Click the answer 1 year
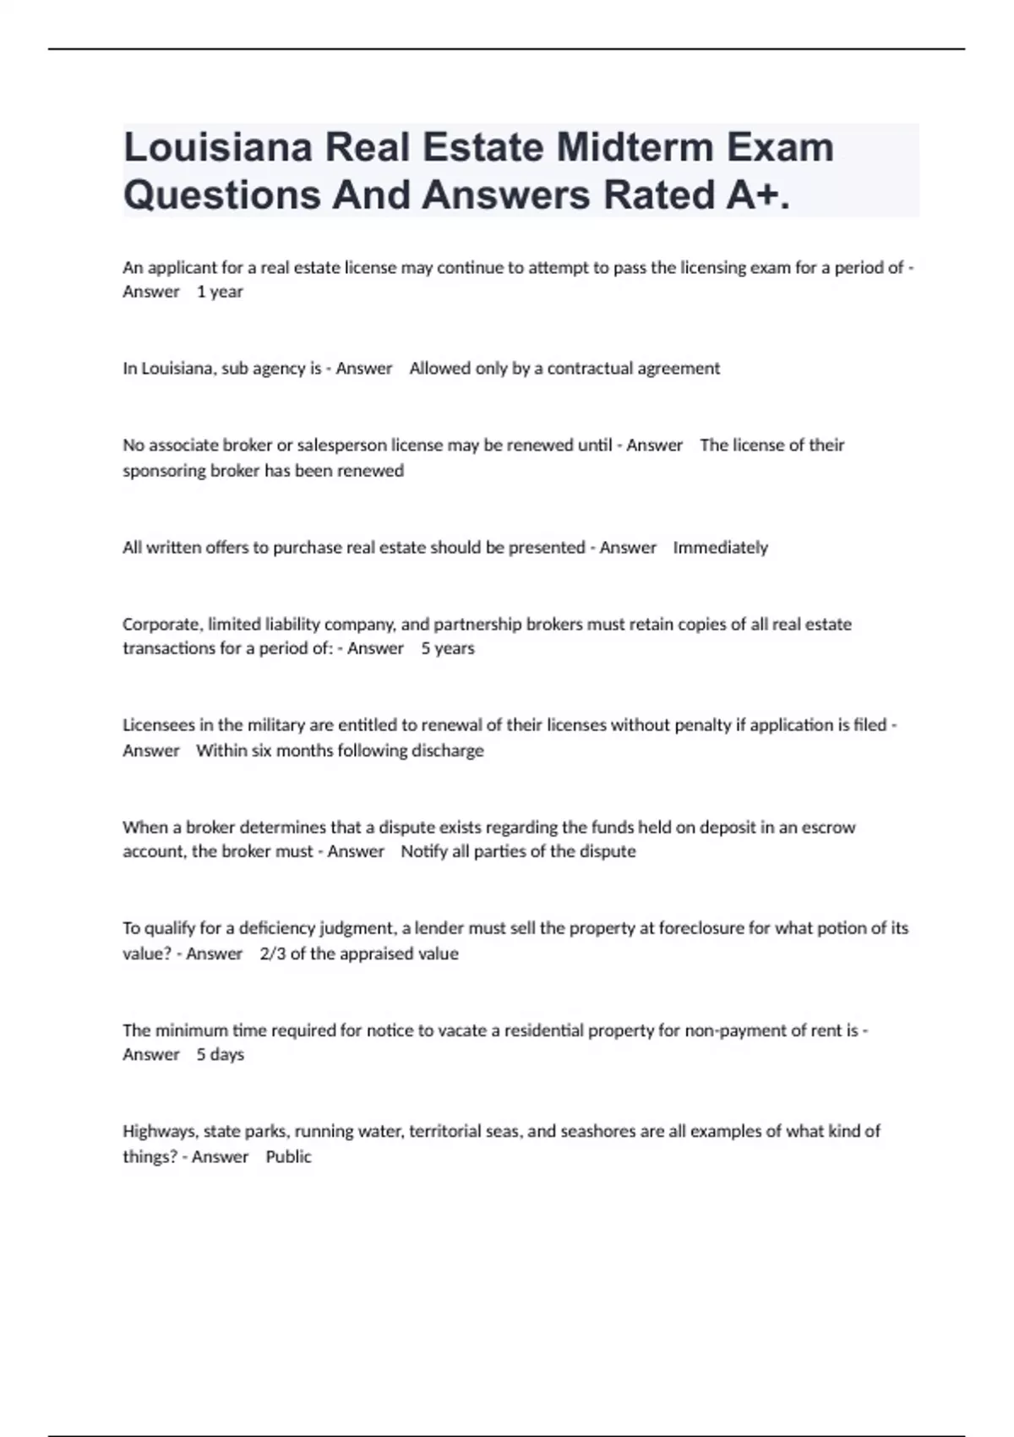[220, 292]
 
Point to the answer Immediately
[720, 548]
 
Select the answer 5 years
[448, 648]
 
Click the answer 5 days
[220, 1055]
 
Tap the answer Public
[288, 1156]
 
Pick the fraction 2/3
[273, 953]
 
